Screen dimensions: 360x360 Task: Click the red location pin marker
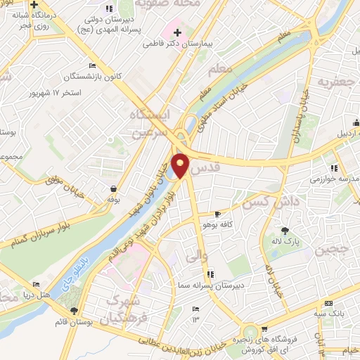181,165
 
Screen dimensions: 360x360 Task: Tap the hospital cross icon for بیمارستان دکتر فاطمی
176,32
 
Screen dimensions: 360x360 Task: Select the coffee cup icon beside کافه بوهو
217,214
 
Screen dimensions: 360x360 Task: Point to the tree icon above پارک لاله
285,231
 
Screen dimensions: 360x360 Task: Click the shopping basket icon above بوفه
113,188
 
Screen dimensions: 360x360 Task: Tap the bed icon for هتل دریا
36,285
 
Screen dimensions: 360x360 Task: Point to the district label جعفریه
334,82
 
